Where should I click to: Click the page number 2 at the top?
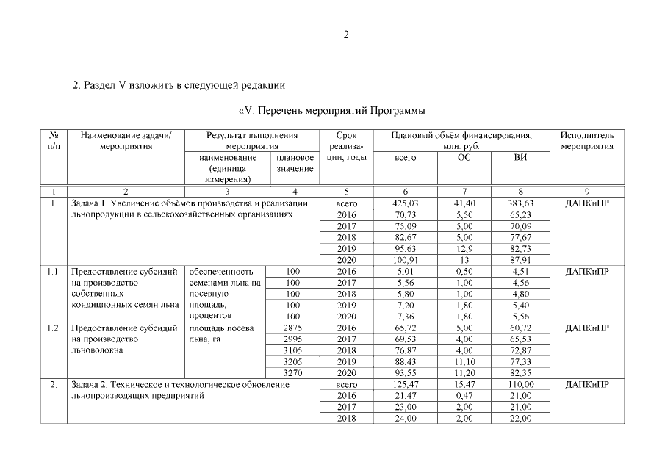345,35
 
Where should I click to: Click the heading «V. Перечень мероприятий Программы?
333,111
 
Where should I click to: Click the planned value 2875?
293,328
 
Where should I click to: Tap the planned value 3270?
293,373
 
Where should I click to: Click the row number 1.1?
53,271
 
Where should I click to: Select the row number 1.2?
53,328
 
